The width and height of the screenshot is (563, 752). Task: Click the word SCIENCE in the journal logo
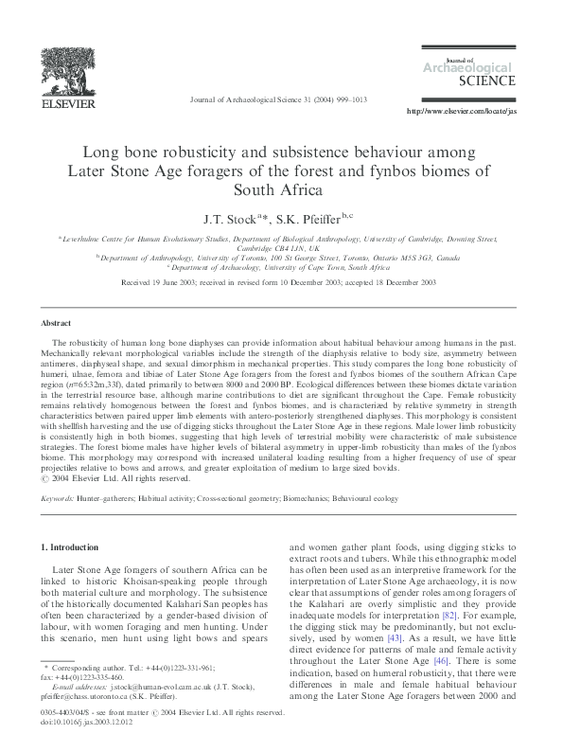(486, 81)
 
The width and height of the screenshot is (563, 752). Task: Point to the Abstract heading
(60, 322)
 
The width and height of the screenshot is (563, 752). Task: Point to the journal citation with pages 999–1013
(280, 98)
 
